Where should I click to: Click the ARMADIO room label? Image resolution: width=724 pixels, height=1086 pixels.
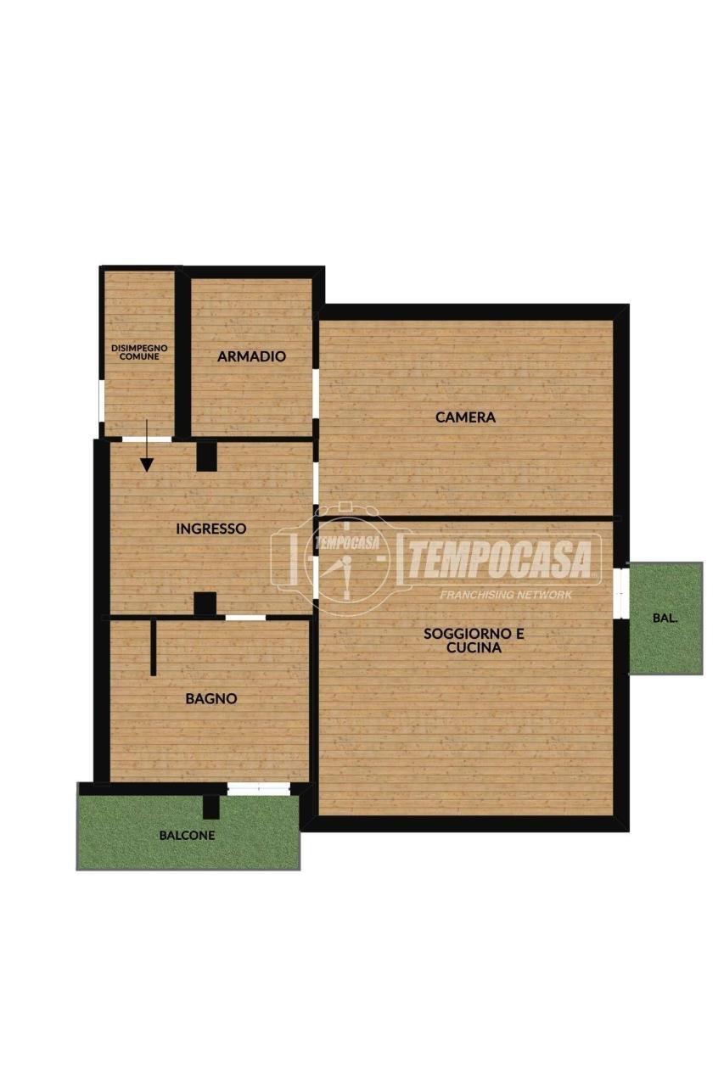[x=251, y=357]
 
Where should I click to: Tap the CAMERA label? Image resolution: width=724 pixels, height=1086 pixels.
[x=465, y=417]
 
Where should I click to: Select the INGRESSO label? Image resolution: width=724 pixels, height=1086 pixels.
[x=211, y=529]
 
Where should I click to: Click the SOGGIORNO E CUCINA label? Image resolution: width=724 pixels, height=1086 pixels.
[x=474, y=641]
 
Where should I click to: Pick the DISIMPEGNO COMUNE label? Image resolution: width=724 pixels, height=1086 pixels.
[x=139, y=352]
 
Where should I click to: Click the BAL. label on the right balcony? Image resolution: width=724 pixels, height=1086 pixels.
[x=665, y=619]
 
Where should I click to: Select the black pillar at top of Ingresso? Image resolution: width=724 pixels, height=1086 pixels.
[x=206, y=456]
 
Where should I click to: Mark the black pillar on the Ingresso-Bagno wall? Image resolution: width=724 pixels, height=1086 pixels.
[x=205, y=604]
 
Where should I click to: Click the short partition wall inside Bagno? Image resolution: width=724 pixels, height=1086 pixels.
[x=154, y=647]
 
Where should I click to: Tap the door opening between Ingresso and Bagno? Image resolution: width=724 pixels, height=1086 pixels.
[x=245, y=618]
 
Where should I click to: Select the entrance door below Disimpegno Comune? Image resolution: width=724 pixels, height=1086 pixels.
[x=147, y=439]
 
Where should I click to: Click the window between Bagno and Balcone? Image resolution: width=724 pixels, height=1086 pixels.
[x=259, y=789]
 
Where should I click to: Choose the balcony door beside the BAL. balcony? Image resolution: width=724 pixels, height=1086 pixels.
[x=620, y=593]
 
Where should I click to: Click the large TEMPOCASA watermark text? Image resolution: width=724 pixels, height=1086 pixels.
[x=499, y=560]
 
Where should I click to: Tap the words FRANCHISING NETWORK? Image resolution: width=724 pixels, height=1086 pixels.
[x=506, y=595]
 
